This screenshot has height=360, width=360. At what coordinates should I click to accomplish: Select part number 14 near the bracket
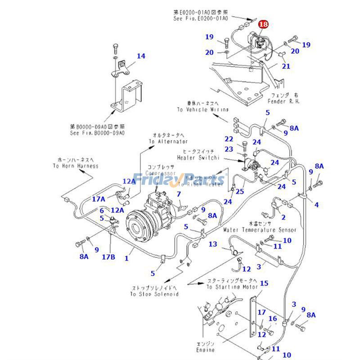coord(141,56)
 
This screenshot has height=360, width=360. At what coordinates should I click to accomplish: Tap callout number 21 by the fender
coord(286,67)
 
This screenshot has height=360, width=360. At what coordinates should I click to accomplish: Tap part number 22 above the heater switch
coord(229,139)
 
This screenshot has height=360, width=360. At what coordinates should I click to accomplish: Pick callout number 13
coord(213,244)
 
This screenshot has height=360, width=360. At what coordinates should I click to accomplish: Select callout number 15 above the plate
coord(264,283)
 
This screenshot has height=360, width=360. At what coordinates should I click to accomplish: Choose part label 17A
coord(99,198)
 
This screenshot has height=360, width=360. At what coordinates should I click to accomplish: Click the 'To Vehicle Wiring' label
coord(202,110)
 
